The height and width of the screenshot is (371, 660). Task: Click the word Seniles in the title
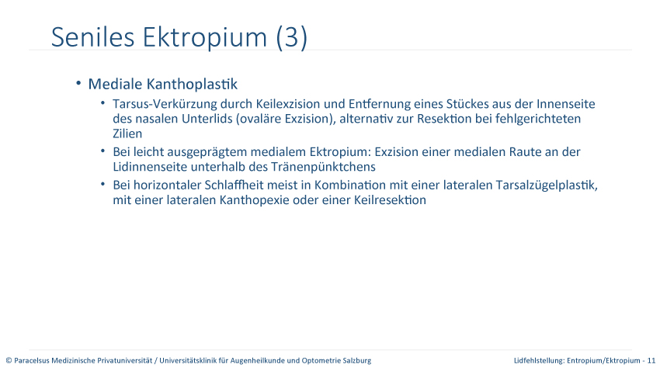92,37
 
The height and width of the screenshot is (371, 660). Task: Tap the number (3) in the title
292,37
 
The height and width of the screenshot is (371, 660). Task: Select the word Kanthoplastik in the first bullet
192,84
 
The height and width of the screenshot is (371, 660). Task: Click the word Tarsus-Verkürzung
165,104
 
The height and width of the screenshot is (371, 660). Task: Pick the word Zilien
127,133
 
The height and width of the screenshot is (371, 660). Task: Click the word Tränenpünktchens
323,167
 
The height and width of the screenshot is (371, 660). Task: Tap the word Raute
526,152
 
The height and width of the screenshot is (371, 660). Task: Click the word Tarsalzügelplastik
547,185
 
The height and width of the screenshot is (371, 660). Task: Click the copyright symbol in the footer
9,360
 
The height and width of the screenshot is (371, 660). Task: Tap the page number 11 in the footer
651,360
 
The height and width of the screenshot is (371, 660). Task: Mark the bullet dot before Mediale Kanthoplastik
78,83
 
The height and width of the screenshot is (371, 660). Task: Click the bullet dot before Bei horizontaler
102,184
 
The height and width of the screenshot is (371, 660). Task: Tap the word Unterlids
207,119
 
